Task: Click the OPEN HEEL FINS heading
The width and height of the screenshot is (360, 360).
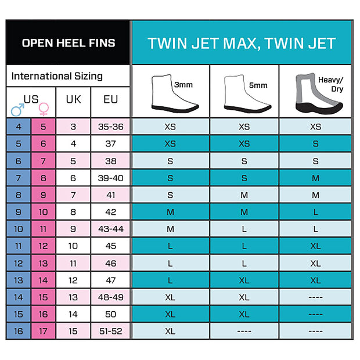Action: [68, 43]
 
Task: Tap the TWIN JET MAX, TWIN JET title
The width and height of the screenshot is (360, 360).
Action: [242, 43]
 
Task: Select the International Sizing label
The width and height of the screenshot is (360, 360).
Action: [57, 76]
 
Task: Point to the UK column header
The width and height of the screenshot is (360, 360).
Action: [73, 99]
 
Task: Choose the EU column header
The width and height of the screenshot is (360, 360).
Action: [110, 99]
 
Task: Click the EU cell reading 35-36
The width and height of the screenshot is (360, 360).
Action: [110, 127]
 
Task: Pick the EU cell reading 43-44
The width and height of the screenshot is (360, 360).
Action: [110, 229]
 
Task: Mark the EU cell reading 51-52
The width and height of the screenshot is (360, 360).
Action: [110, 331]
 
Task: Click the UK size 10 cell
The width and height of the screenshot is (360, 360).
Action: [73, 246]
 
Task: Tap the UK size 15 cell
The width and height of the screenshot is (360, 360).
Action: [73, 331]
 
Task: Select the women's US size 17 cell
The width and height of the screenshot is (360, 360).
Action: [44, 331]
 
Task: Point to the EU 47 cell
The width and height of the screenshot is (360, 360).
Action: [110, 280]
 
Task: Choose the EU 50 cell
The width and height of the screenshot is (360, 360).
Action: [110, 314]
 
